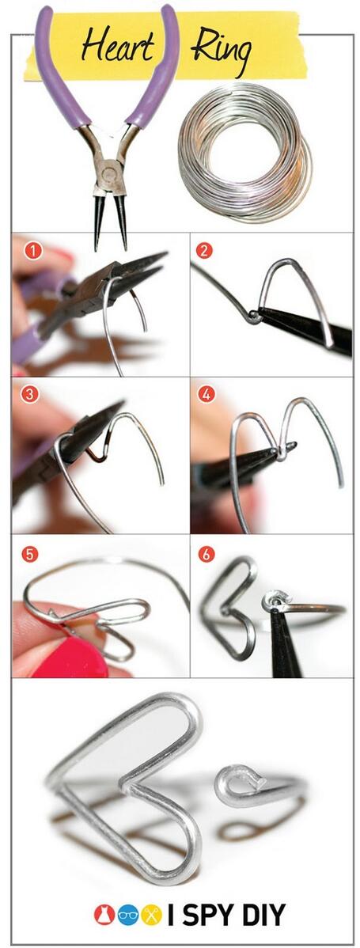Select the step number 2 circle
pyautogui.click(x=204, y=251)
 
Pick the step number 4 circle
pyautogui.click(x=204, y=393)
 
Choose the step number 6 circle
pyautogui.click(x=205, y=554)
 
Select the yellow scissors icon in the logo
pyautogui.click(x=152, y=915)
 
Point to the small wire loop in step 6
pyautogui.click(x=275, y=604)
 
